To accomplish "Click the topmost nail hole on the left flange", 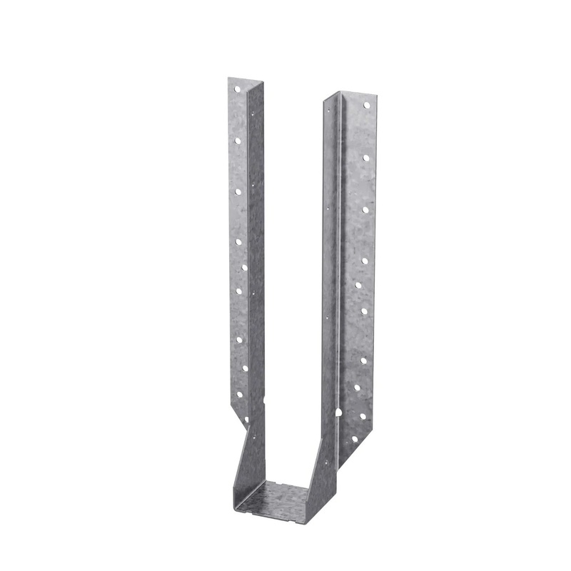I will click(x=237, y=89).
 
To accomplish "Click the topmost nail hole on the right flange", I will click(x=366, y=106).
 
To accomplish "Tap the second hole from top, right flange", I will click(x=365, y=157).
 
